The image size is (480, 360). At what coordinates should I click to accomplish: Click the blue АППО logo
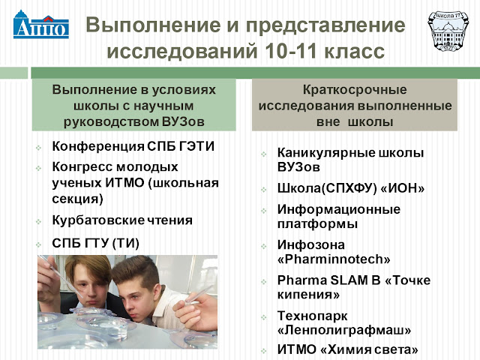coord(41,25)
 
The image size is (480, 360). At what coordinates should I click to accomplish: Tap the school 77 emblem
coord(448,31)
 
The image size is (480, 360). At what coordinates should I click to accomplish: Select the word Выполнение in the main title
coord(153,25)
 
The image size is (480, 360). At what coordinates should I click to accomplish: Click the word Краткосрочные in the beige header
coord(355,90)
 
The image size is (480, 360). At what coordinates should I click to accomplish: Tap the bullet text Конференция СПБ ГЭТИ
coord(133,146)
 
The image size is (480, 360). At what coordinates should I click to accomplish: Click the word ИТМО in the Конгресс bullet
coord(125,183)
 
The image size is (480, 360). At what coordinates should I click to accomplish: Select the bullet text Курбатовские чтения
coord(122,220)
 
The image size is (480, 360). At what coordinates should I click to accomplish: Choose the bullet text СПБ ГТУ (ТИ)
coord(95,243)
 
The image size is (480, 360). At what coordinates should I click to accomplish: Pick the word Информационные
coord(339,209)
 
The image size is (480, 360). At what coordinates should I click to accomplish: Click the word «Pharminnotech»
coord(334,259)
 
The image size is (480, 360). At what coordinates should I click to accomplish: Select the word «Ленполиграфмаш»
coord(344,330)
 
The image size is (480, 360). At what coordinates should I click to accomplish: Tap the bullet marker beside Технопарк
coord(264,317)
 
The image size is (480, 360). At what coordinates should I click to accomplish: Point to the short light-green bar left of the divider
coord(13,73)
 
